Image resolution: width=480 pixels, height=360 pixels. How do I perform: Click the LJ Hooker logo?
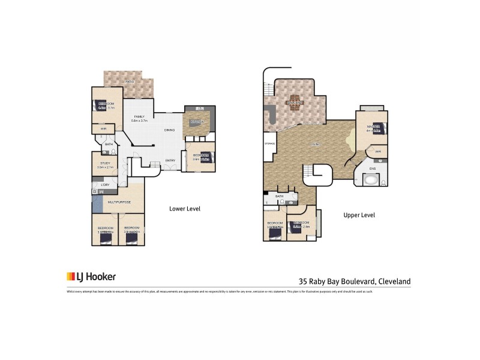91,277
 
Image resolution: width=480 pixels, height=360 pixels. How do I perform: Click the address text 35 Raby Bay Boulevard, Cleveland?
355,280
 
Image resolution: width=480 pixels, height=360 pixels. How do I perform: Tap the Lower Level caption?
184,209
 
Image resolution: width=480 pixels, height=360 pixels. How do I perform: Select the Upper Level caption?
359,214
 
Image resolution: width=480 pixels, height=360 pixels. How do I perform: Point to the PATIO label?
130,81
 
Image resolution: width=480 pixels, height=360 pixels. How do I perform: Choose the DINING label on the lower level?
170,130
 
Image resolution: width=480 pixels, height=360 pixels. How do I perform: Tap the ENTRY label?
170,160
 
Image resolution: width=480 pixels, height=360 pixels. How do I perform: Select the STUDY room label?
105,163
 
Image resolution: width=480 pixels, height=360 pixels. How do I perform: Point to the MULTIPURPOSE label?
119,203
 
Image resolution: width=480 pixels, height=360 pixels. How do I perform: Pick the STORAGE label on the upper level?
270,143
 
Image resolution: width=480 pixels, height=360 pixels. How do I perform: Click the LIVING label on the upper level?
314,145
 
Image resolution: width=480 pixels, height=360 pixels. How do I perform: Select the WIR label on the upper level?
378,152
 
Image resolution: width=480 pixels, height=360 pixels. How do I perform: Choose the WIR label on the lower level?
103,128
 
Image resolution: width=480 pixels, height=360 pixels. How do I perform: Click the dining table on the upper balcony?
294,103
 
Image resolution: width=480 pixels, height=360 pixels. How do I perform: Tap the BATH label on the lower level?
109,145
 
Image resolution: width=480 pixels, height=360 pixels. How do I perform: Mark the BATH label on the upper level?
280,196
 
